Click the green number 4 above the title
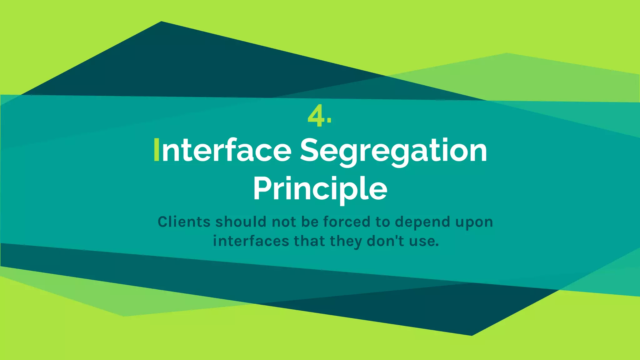pyautogui.click(x=316, y=116)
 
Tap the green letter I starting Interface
pyautogui.click(x=157, y=150)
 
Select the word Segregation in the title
pyautogui.click(x=393, y=151)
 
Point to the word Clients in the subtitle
pyautogui.click(x=184, y=222)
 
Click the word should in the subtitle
pyautogui.click(x=241, y=222)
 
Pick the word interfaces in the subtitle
pyautogui.click(x=251, y=241)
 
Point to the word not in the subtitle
pyautogui.click(x=284, y=222)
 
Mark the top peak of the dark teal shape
pyautogui.click(x=161, y=22)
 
